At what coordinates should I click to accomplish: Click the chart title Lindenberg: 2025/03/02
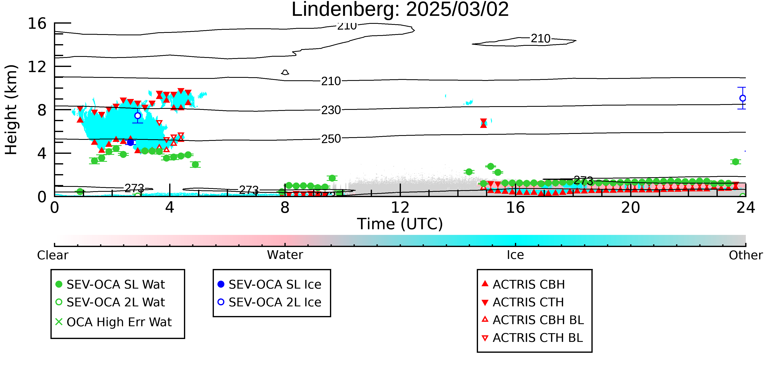400,10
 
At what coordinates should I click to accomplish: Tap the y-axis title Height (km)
11,110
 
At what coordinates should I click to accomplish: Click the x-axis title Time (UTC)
400,224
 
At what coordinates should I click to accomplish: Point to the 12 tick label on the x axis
400,207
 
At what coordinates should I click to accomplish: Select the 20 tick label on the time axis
631,207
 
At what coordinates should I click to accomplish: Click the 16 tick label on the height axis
37,23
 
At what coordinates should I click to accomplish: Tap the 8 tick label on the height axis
42,110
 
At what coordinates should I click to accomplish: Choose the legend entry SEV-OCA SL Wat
111,284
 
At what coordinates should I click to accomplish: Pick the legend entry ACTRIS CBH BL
533,320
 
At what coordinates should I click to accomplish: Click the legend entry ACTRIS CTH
523,302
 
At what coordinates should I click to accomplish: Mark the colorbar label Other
746,255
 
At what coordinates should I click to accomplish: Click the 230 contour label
331,110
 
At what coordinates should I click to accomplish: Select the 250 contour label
331,139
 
